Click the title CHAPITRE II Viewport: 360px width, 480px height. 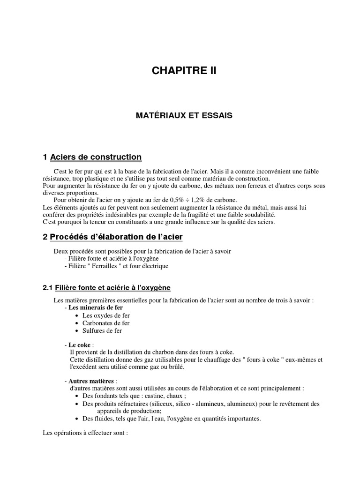184,71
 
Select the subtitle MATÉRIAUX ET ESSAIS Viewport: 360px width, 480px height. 184,115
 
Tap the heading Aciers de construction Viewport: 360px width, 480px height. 96,157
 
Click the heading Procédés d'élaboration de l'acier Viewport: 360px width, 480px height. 116,237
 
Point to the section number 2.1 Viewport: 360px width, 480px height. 48,287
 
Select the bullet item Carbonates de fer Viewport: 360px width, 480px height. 106,323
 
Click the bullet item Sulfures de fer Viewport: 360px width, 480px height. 102,330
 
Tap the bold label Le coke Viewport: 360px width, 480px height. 79,345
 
